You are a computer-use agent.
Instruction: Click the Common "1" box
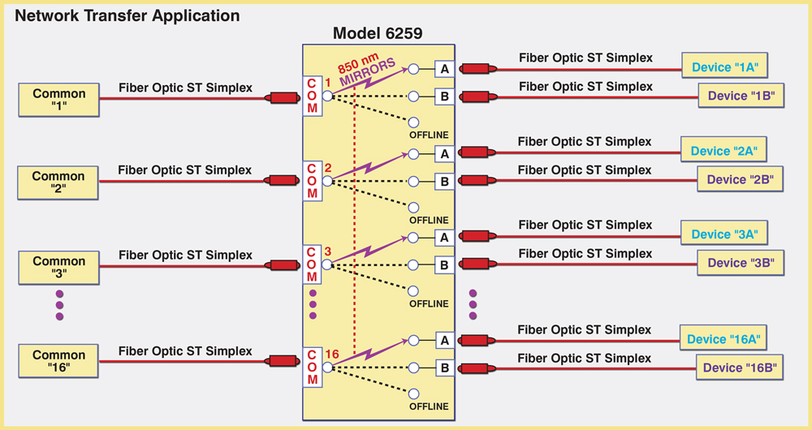pyautogui.click(x=59, y=99)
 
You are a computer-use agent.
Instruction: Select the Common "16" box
pyautogui.click(x=58, y=360)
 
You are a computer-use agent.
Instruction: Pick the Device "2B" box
pyautogui.click(x=740, y=179)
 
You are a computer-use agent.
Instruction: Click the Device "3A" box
pyautogui.click(x=723, y=234)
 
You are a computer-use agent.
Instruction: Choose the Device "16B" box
pyautogui.click(x=740, y=368)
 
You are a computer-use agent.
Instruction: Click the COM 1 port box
pyautogui.click(x=311, y=97)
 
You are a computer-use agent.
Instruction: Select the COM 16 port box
pyautogui.click(x=311, y=368)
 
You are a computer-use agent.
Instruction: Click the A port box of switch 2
pyautogui.click(x=444, y=153)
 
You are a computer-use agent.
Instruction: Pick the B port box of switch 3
pyautogui.click(x=444, y=264)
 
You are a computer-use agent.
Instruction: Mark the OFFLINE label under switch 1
pyautogui.click(x=429, y=135)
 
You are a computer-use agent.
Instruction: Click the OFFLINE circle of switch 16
pyautogui.click(x=413, y=393)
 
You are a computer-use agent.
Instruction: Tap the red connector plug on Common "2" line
pyautogui.click(x=283, y=181)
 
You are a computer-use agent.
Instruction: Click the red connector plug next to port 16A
pyautogui.click(x=475, y=340)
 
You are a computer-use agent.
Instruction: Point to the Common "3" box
pyautogui.click(x=58, y=267)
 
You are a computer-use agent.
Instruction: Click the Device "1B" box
pyautogui.click(x=740, y=96)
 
